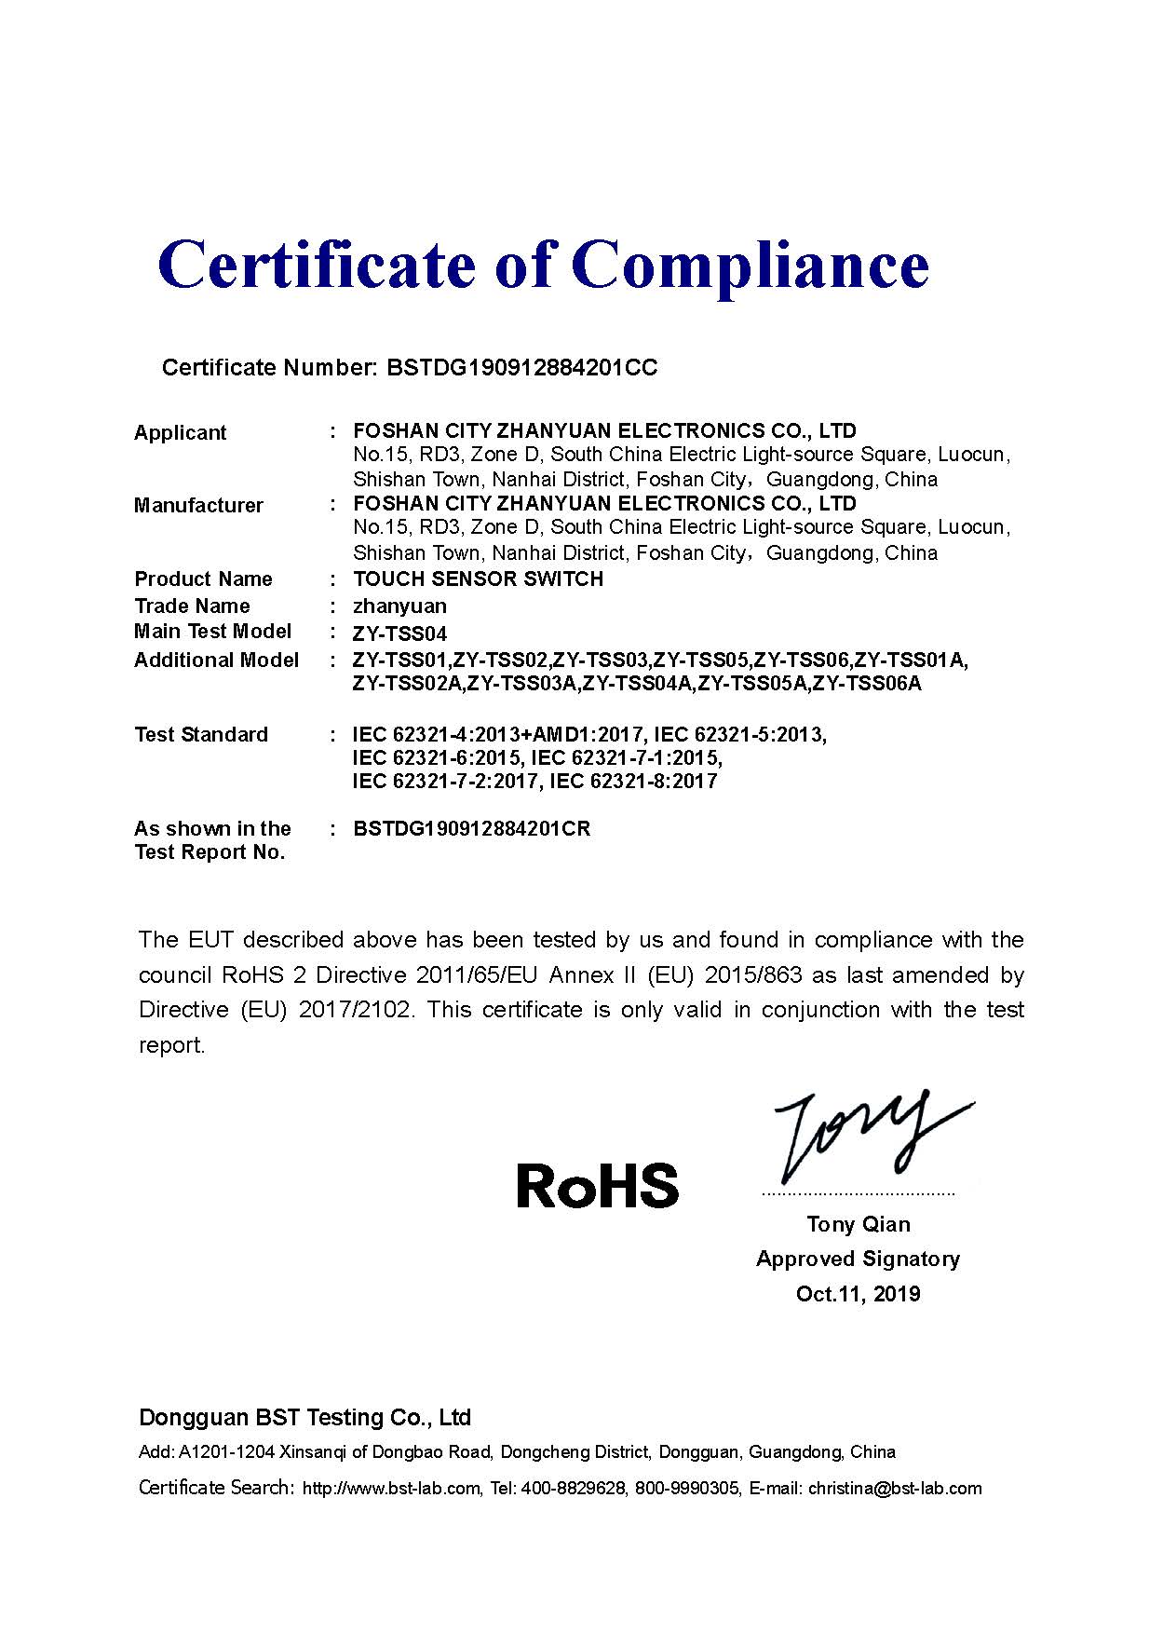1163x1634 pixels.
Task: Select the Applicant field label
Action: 180,432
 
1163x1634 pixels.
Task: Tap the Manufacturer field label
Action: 198,505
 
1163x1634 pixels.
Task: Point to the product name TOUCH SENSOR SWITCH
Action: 479,579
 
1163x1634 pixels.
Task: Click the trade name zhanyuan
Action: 399,606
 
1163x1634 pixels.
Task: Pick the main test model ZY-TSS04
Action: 399,633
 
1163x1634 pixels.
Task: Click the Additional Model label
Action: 216,660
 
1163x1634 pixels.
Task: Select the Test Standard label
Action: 201,734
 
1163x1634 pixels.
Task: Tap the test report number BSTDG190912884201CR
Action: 472,828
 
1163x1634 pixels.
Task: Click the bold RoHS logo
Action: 597,1185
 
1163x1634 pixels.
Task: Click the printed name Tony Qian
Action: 859,1224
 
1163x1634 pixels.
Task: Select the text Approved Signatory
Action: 858,1259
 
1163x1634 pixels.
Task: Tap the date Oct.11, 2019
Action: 858,1293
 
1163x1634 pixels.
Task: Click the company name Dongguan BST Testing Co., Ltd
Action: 304,1417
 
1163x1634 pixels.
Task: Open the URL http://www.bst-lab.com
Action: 391,1488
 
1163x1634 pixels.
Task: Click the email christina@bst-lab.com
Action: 895,1488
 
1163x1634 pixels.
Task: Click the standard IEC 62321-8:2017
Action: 634,781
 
